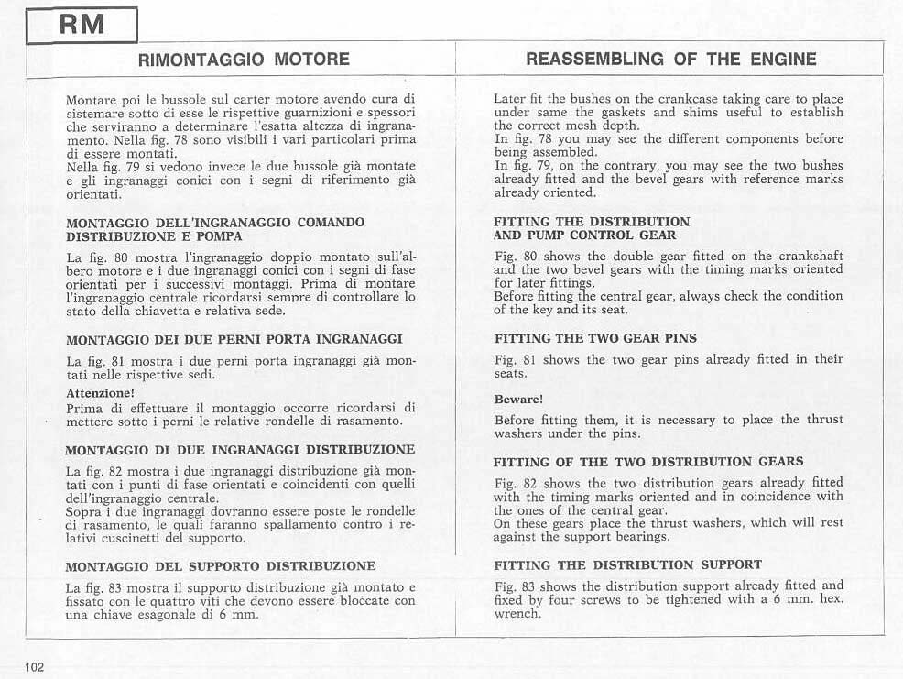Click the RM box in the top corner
(x=81, y=24)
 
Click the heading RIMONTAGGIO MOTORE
(x=243, y=60)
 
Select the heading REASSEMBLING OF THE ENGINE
(x=671, y=60)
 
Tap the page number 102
(x=36, y=666)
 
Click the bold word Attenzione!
(x=101, y=393)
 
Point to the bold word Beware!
(x=518, y=400)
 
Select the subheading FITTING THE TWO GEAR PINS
(x=595, y=338)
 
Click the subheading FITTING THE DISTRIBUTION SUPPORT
(x=627, y=564)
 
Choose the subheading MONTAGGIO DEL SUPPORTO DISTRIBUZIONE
(x=221, y=565)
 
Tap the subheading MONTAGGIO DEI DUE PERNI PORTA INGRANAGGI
(x=234, y=340)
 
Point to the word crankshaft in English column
(x=804, y=256)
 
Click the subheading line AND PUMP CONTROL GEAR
(x=584, y=235)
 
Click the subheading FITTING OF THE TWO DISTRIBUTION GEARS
(x=648, y=462)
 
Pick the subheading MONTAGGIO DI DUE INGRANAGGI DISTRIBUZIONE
(x=240, y=450)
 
